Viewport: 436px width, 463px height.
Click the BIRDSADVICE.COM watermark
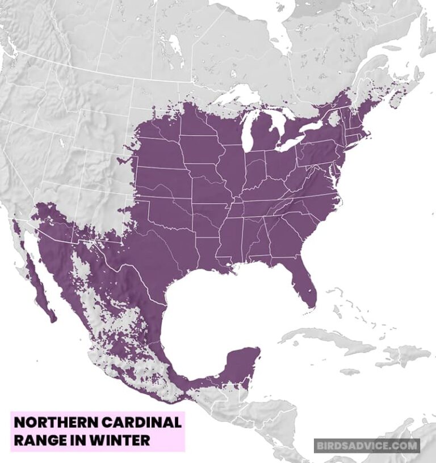367,445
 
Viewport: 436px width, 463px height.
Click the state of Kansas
165,182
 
